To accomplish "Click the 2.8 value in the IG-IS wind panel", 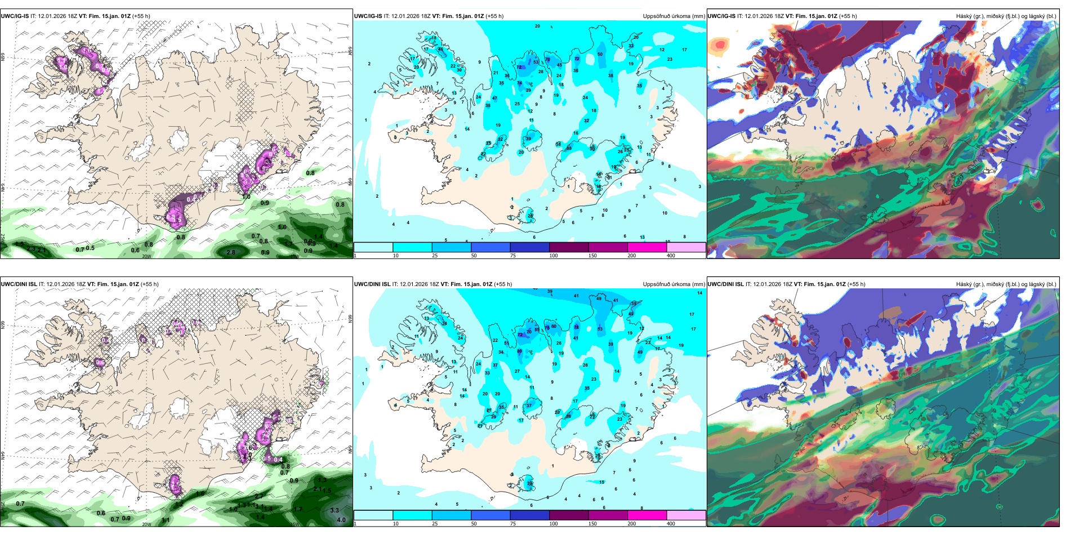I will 230,252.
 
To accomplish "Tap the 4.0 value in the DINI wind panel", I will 341,520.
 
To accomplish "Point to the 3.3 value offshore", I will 334,510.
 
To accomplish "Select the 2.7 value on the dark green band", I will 259,496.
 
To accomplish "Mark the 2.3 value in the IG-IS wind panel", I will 31,249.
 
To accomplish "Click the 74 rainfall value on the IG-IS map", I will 519,83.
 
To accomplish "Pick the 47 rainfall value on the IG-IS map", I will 494,99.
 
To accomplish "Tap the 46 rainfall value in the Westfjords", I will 440,50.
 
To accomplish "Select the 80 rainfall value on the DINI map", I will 519,351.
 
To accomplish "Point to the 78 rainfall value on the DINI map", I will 576,327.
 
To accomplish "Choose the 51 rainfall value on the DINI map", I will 506,343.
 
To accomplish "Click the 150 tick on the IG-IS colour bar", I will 592,256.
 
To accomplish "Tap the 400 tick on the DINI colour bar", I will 671,524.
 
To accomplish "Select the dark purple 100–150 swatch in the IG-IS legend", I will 568,247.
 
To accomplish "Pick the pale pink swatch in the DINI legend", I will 685,515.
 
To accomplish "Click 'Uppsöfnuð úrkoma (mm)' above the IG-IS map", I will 674,16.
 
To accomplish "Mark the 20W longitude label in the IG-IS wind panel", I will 146,256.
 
